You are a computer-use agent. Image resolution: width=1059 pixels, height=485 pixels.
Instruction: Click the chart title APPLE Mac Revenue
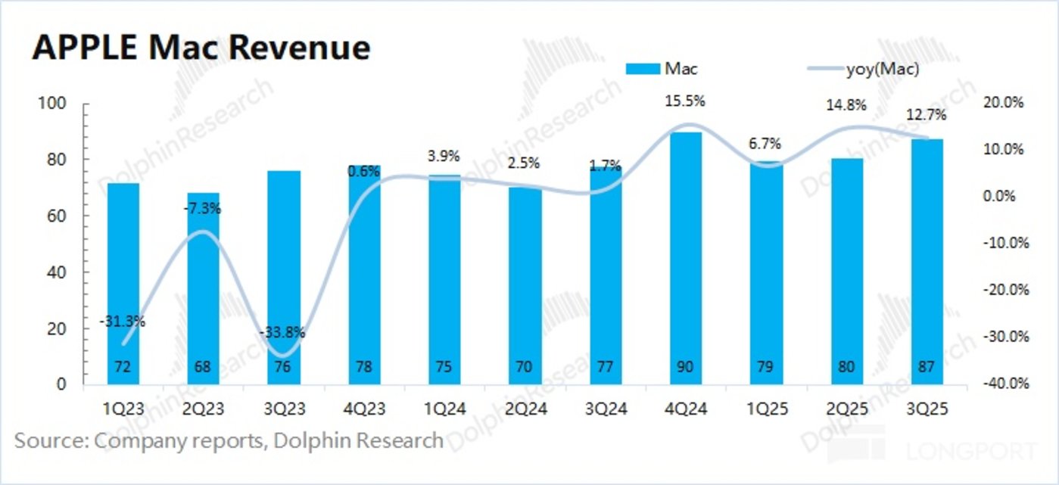(201, 48)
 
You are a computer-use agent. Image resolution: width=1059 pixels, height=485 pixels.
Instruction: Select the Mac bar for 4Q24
(686, 257)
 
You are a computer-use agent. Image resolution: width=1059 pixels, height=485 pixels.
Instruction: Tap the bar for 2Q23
(204, 288)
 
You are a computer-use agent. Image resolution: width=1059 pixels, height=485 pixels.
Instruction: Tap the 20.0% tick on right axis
(1004, 103)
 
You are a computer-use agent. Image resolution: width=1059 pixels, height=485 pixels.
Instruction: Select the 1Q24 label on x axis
(445, 409)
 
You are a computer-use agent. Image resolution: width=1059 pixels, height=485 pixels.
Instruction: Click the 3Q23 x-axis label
(284, 409)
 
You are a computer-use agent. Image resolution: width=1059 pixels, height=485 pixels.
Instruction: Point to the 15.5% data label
(687, 99)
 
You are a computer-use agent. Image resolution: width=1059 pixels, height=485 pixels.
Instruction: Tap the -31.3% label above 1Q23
(122, 322)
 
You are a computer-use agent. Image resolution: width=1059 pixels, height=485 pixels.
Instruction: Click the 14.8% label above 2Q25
(847, 105)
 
